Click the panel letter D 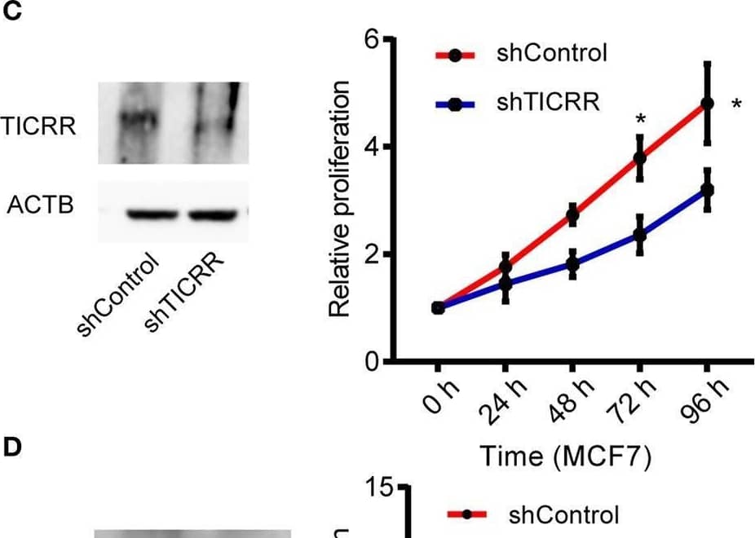tap(11, 448)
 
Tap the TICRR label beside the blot tap(38, 127)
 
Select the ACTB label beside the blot tap(40, 205)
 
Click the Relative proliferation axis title tap(341, 199)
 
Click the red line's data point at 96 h tap(707, 104)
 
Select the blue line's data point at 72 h tap(640, 236)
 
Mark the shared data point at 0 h tap(438, 307)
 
